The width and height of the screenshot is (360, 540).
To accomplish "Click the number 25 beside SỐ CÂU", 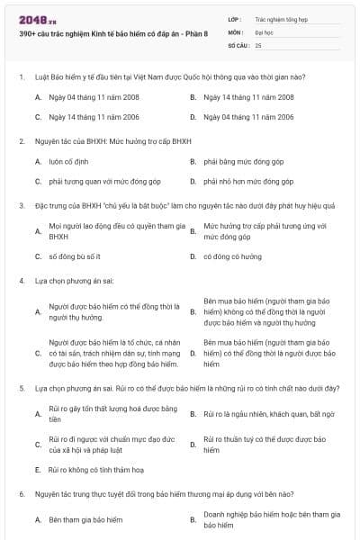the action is click(258, 44).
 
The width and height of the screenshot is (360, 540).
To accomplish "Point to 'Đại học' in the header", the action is click(265, 31).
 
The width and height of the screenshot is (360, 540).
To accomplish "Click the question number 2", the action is click(21, 141).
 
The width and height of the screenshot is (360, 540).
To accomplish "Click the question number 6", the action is click(21, 494).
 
